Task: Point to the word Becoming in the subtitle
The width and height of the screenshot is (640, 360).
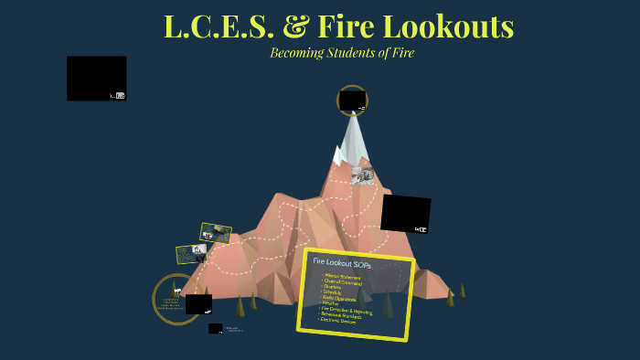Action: [x=298, y=52]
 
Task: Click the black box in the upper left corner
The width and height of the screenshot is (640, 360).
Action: [x=96, y=78]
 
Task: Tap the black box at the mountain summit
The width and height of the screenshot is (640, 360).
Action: [x=352, y=101]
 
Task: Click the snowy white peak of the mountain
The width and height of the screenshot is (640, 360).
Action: [x=354, y=137]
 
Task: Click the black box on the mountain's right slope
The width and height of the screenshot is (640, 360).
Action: [x=405, y=213]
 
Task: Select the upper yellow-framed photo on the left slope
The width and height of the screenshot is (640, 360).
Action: [x=216, y=233]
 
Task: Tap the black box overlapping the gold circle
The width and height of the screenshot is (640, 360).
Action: [x=198, y=304]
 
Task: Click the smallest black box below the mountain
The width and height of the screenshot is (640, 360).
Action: [x=215, y=328]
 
